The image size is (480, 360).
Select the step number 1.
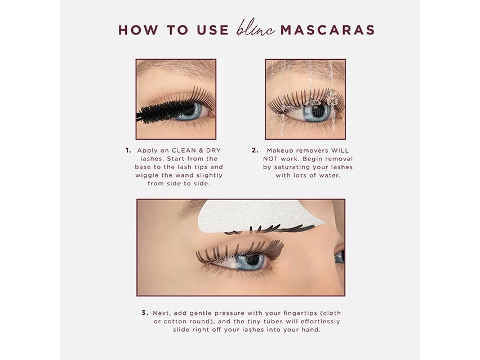click(x=128, y=150)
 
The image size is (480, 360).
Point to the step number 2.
click(x=255, y=150)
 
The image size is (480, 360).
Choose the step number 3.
click(x=145, y=313)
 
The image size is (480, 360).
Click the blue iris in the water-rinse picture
click(x=316, y=112)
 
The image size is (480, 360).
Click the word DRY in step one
click(x=213, y=151)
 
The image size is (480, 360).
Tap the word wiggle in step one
click(x=148, y=175)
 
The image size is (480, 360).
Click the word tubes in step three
click(x=264, y=321)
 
